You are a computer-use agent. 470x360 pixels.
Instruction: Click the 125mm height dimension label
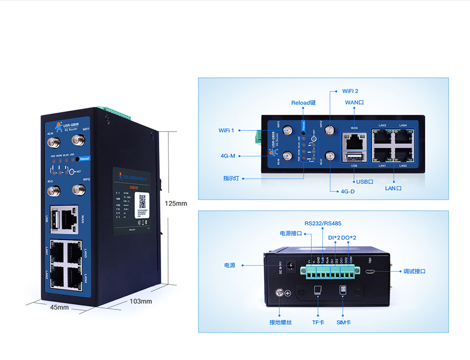point(175,203)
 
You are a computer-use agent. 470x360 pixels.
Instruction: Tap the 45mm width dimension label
point(59,307)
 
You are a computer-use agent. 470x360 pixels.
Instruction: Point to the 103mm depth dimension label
point(140,301)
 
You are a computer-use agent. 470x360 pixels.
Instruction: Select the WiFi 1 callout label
point(226,130)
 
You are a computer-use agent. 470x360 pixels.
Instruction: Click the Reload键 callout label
point(303,103)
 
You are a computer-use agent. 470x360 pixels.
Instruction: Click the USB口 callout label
point(364,182)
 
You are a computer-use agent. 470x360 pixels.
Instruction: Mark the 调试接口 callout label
point(415,271)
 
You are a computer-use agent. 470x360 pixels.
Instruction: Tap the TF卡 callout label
point(318,322)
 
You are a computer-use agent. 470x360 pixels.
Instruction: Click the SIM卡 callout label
point(344,322)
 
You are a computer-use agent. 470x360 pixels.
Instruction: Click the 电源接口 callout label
point(291,233)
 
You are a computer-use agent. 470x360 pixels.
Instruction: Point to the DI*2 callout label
point(334,238)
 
